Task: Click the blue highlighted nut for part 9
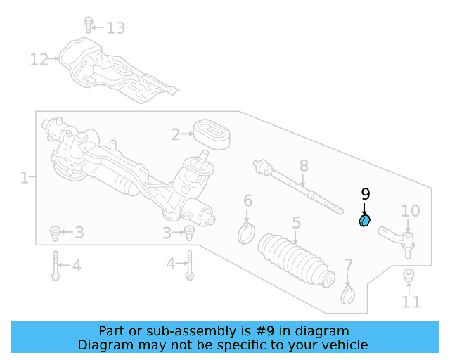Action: pos(364,221)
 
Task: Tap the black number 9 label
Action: pos(365,195)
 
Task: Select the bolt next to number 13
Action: pos(88,25)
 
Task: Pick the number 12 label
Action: pos(39,59)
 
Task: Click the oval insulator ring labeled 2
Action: pos(210,134)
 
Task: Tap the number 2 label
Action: pos(176,133)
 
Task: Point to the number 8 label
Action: pos(304,166)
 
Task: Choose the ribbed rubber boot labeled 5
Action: pos(295,259)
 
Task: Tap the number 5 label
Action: pos(296,223)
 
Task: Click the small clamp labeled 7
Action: pos(347,295)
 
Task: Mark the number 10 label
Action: pos(410,211)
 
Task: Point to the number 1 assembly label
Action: pos(24,178)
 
